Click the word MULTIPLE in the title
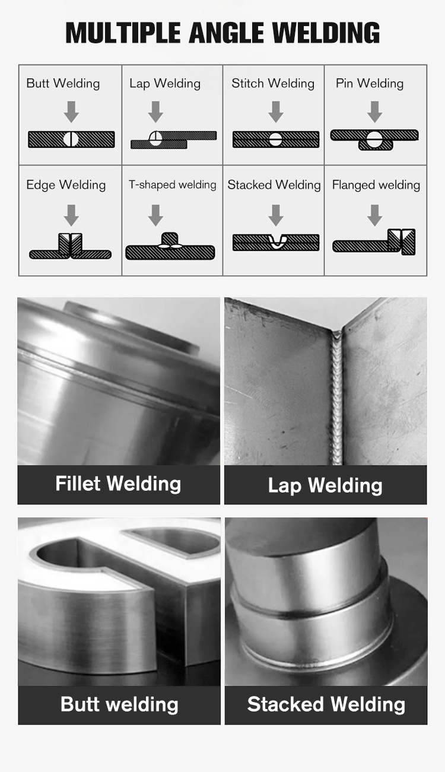pos(123,33)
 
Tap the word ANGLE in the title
pos(227,33)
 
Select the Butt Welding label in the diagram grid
pos(63,84)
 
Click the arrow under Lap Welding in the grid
pos(155,112)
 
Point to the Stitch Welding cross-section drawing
pos(276,139)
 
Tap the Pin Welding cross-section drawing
pos(374,139)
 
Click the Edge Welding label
pos(66,185)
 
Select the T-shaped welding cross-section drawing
pos(170,246)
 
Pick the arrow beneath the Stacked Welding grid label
pos(276,215)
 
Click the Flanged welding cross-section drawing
pos(374,242)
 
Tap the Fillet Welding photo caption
pos(118,484)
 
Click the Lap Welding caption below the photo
pos(325,485)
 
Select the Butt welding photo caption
pos(119,704)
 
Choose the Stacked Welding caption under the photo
pos(326,704)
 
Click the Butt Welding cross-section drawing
pos(71,139)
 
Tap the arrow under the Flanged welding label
pos(374,215)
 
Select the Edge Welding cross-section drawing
pos(71,246)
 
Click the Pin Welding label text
pos(370,84)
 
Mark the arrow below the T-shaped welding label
pos(155,215)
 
